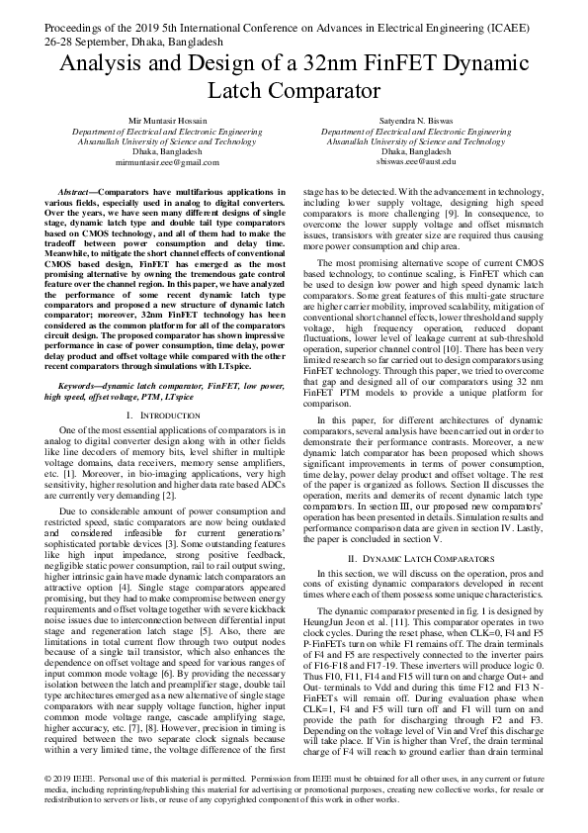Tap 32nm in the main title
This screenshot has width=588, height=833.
pyautogui.click(x=298, y=66)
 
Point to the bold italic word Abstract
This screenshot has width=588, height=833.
pyautogui.click(x=76, y=190)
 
